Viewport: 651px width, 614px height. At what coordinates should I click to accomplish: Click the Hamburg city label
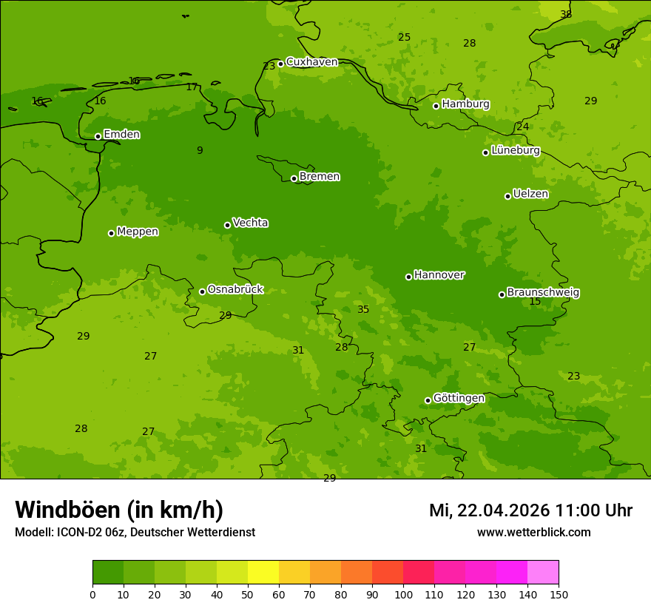465,104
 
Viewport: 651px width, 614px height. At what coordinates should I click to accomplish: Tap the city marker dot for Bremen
294,178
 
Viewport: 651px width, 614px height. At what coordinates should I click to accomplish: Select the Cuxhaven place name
311,62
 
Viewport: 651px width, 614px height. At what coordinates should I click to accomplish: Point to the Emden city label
121,135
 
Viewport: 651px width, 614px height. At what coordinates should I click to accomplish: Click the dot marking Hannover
408,277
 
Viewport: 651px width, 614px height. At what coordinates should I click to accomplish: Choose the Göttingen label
459,399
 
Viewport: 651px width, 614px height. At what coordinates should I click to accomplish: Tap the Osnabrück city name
235,290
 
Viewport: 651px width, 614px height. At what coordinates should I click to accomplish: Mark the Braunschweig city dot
502,294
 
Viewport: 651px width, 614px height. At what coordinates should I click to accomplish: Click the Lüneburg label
515,150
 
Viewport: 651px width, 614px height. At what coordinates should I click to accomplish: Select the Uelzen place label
530,195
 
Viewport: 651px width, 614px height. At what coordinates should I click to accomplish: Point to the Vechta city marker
227,225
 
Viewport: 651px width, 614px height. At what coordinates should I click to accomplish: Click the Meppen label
138,232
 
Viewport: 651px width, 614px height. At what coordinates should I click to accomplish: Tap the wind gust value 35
363,310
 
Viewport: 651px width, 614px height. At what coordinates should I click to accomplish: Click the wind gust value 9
200,151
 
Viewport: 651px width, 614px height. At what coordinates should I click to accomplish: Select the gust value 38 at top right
566,15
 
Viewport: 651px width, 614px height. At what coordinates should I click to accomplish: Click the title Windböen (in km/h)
119,510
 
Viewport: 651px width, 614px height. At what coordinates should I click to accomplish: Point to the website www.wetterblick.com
533,533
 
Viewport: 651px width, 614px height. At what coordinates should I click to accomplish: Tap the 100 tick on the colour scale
403,594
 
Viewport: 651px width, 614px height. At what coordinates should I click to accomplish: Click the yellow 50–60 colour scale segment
263,572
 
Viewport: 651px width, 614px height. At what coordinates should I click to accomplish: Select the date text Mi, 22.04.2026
489,510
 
